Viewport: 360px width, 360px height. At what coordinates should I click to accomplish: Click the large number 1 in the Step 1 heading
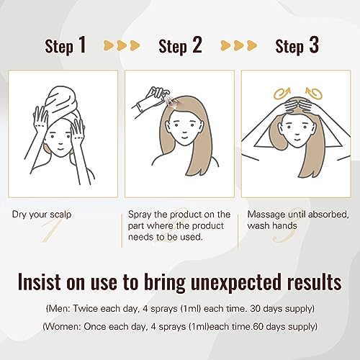pos(82,45)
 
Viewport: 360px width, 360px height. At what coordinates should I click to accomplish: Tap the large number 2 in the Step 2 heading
pos(197,45)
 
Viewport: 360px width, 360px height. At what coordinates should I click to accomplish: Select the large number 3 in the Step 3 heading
pos(314,45)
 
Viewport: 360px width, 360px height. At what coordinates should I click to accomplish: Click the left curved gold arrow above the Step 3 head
pos(282,94)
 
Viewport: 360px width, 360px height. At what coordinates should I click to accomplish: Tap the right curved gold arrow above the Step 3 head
pos(314,94)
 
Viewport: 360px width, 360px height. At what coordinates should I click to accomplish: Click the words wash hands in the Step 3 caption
pos(272,226)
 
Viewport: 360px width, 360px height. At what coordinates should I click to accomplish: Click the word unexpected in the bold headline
pos(235,283)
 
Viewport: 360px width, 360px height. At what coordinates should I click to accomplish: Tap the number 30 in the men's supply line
pos(256,309)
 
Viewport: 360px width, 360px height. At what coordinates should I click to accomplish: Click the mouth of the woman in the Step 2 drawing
pos(184,138)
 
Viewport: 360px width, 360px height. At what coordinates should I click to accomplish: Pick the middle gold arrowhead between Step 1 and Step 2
pos(122,45)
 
